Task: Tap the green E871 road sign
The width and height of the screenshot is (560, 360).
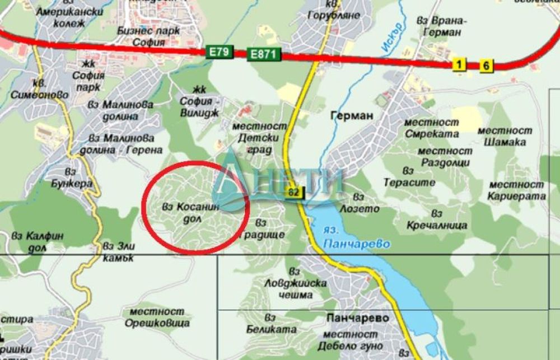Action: pyautogui.click(x=262, y=54)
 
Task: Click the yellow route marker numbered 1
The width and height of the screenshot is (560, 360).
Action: pyautogui.click(x=459, y=65)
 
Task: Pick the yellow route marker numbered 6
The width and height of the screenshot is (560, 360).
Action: pyautogui.click(x=486, y=66)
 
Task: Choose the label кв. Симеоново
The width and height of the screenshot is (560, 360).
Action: pyautogui.click(x=46, y=89)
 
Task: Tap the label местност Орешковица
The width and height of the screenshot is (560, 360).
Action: pyautogui.click(x=155, y=317)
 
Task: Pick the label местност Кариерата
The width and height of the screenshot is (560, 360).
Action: pyautogui.click(x=516, y=190)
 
